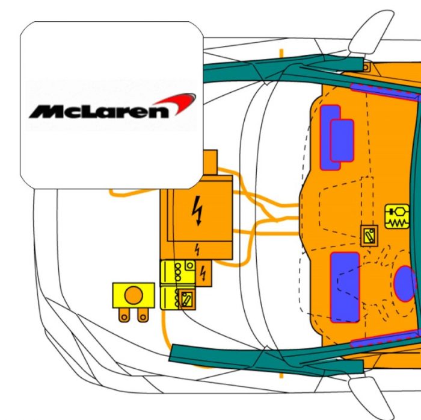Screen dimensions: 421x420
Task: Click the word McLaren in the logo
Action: pos(99,111)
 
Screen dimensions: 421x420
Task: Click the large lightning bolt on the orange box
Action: pos(197,210)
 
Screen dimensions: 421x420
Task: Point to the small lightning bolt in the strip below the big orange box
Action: pos(197,249)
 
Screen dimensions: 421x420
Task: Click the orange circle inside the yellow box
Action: pos(134,295)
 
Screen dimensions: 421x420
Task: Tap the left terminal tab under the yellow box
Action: pos(124,315)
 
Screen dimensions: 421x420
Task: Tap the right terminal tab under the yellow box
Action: pos(143,315)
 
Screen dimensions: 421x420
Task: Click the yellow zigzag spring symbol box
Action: pos(397,216)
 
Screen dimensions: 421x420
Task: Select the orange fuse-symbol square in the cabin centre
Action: pos(369,236)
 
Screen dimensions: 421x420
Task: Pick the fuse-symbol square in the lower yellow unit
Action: pos(187,299)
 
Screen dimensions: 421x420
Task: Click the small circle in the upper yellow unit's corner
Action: pos(190,266)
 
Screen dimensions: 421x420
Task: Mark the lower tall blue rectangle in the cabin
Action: pos(345,287)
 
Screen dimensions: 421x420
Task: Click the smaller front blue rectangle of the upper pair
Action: pos(342,141)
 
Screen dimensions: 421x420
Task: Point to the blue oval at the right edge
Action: pos(405,284)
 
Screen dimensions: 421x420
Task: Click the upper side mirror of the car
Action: pos(371,32)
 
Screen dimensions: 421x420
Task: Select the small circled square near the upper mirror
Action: pos(366,67)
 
